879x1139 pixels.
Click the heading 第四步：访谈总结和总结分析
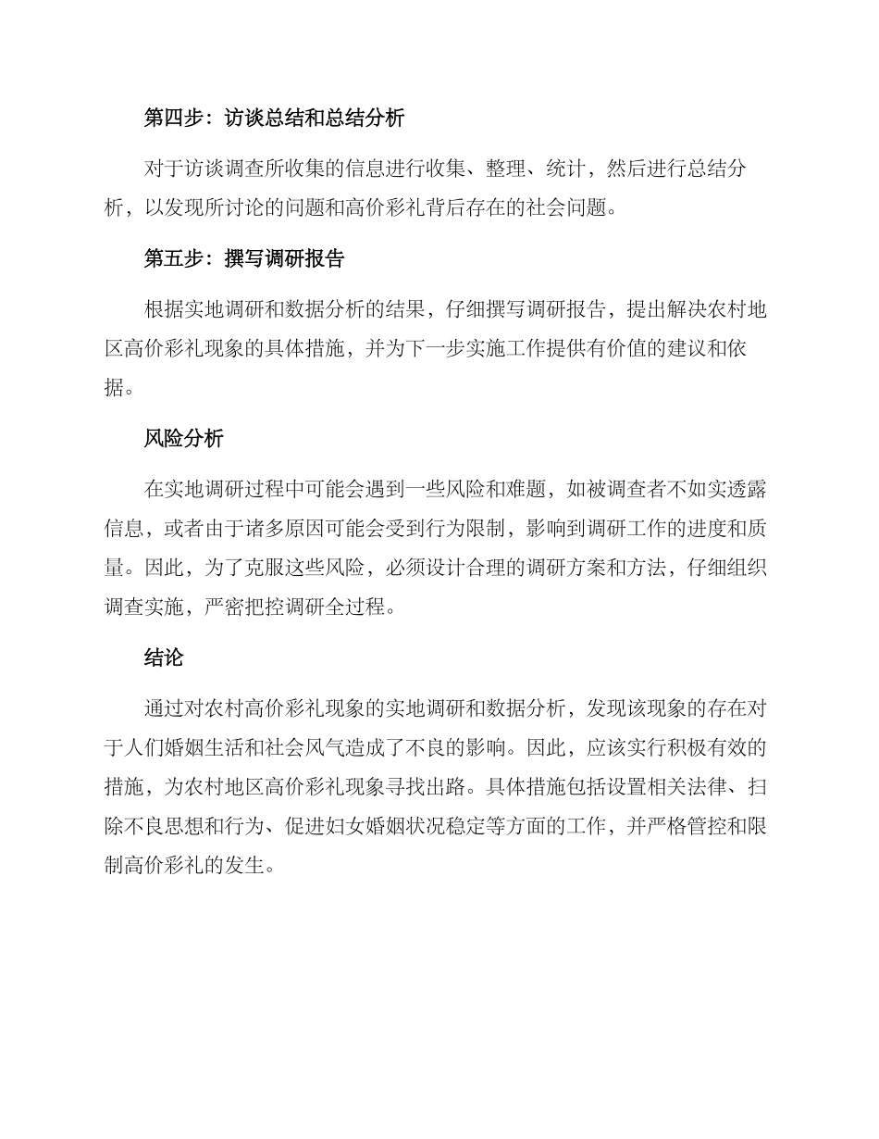pos(274,119)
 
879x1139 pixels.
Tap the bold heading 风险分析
pos(183,439)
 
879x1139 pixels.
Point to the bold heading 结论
pos(164,657)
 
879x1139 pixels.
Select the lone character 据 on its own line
pos(114,389)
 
